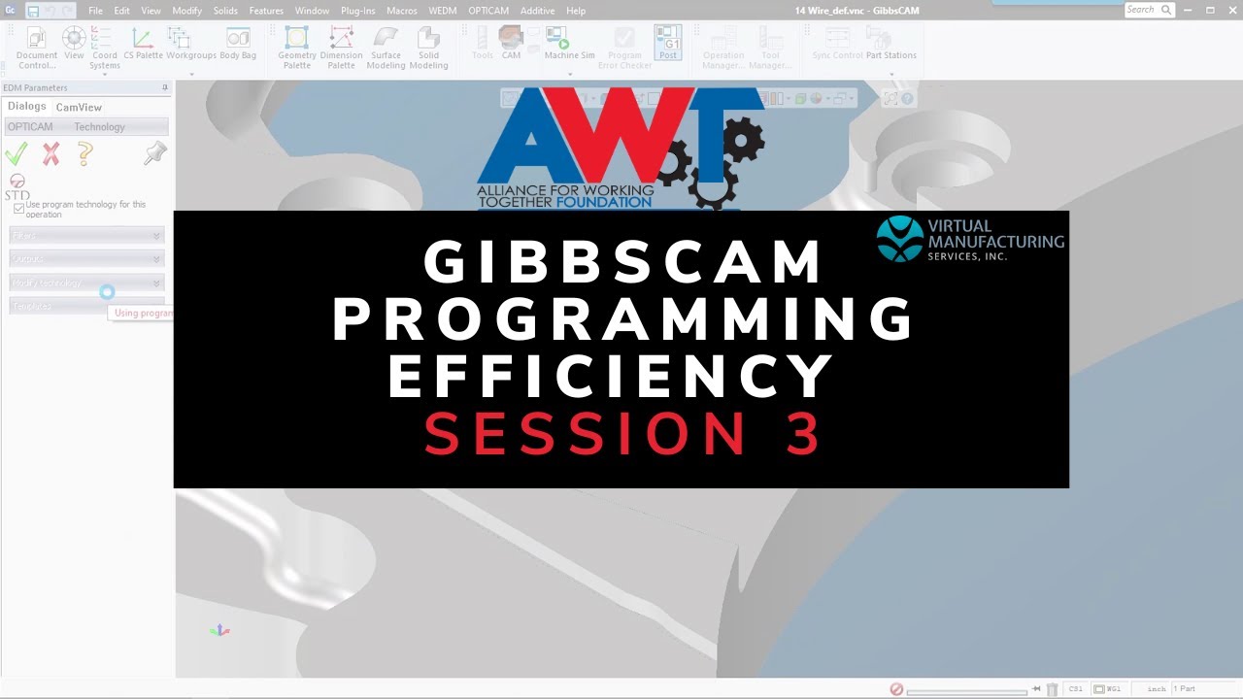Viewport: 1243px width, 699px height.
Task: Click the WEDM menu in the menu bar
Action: click(442, 11)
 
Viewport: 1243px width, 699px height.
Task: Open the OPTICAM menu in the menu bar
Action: click(487, 11)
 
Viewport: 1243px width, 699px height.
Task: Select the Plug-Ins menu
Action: click(358, 11)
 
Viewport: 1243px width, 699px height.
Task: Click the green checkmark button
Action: click(17, 153)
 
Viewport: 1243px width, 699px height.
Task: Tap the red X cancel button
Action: click(50, 153)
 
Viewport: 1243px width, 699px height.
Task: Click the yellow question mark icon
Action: click(85, 153)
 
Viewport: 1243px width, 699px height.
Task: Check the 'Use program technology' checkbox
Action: click(18, 209)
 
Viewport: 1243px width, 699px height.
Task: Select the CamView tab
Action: click(79, 107)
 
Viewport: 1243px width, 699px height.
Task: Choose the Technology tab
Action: click(99, 127)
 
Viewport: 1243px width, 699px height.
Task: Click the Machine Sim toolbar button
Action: click(568, 43)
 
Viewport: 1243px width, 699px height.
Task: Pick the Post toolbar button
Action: click(668, 43)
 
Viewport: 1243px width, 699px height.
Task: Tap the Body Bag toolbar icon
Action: click(238, 43)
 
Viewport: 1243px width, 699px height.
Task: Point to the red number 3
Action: click(805, 434)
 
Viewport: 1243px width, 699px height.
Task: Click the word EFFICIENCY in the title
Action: click(611, 377)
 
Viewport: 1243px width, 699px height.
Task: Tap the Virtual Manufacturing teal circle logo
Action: click(899, 239)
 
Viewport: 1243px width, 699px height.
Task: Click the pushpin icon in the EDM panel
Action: click(154, 152)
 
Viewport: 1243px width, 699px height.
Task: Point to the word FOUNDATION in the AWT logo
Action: click(606, 202)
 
